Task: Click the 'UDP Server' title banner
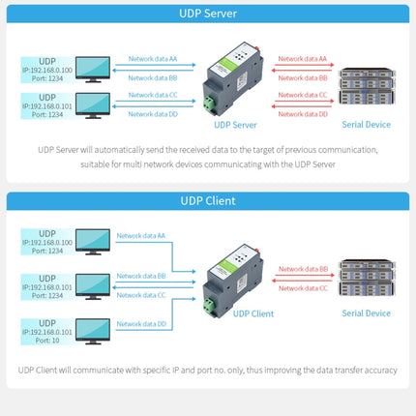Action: [207, 15]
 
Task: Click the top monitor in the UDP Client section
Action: [93, 242]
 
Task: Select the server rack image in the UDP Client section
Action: [365, 275]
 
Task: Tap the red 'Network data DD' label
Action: [303, 114]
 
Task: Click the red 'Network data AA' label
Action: [303, 58]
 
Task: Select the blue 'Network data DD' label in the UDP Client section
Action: [141, 324]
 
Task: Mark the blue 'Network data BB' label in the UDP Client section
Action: [141, 277]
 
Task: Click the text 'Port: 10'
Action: [41, 341]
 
